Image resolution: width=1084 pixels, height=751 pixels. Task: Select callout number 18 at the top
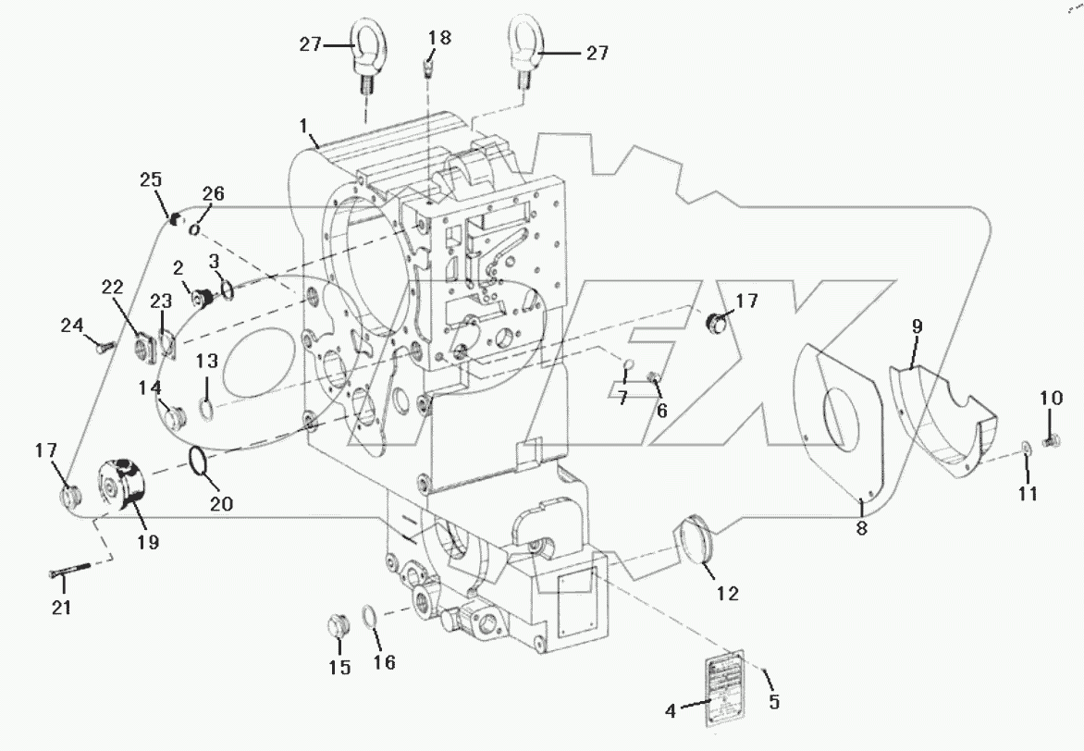[x=439, y=38]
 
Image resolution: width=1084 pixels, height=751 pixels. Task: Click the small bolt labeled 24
[x=104, y=345]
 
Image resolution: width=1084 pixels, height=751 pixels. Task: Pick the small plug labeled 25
[x=172, y=218]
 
